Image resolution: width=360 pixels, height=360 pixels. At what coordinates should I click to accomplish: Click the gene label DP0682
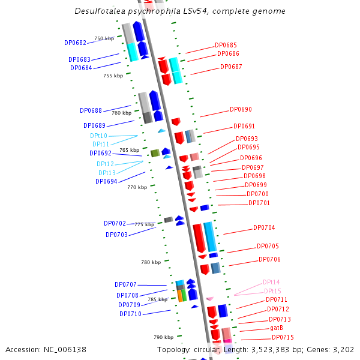75,43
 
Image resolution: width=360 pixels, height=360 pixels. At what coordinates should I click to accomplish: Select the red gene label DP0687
231,67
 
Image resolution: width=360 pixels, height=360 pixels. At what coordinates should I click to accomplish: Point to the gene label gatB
276,328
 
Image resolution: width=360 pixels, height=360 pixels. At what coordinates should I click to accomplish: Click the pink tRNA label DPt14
271,282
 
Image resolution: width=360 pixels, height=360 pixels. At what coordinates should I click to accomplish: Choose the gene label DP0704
264,228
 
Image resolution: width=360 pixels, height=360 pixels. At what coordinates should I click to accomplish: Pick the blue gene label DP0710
130,314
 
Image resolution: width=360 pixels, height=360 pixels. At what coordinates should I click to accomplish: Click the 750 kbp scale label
104,38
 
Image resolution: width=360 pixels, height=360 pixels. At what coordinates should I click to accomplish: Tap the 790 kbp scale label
163,337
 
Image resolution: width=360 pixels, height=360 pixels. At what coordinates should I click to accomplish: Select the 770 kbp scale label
137,187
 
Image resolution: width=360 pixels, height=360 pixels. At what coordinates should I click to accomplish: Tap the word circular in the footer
205,349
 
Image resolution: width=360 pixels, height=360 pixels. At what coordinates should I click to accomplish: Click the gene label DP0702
115,224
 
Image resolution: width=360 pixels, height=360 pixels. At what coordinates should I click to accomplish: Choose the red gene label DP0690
241,110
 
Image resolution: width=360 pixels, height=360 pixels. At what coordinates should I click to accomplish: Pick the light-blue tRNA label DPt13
106,173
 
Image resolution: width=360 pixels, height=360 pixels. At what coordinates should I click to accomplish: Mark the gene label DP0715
283,338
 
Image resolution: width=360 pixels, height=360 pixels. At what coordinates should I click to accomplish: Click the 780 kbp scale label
151,262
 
